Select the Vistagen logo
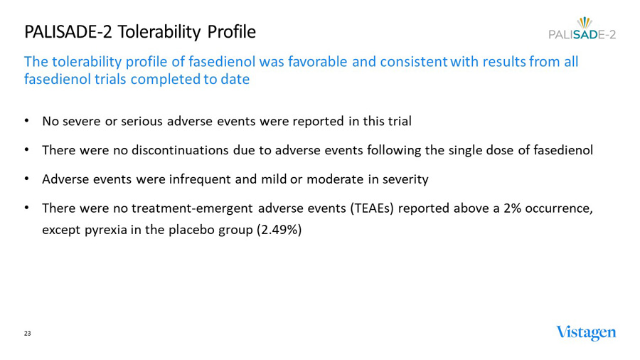point(586,333)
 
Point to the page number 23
point(28,334)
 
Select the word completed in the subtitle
point(167,79)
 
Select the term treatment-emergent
point(181,208)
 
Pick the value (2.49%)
point(279,231)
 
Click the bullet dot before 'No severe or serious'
point(27,121)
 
